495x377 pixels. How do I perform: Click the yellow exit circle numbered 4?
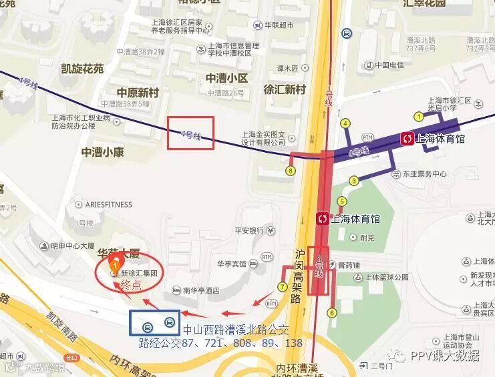(x=346, y=123)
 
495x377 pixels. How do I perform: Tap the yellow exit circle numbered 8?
(x=289, y=171)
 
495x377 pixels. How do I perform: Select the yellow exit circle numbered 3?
(x=353, y=181)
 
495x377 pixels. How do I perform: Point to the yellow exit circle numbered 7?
(x=283, y=287)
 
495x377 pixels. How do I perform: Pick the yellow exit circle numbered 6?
(x=332, y=312)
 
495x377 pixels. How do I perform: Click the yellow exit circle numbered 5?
(x=343, y=202)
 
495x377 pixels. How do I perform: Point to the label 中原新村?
(x=138, y=92)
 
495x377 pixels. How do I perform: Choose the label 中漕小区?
(x=226, y=79)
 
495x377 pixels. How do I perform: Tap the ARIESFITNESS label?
(x=108, y=204)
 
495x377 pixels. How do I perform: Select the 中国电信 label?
(x=389, y=65)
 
